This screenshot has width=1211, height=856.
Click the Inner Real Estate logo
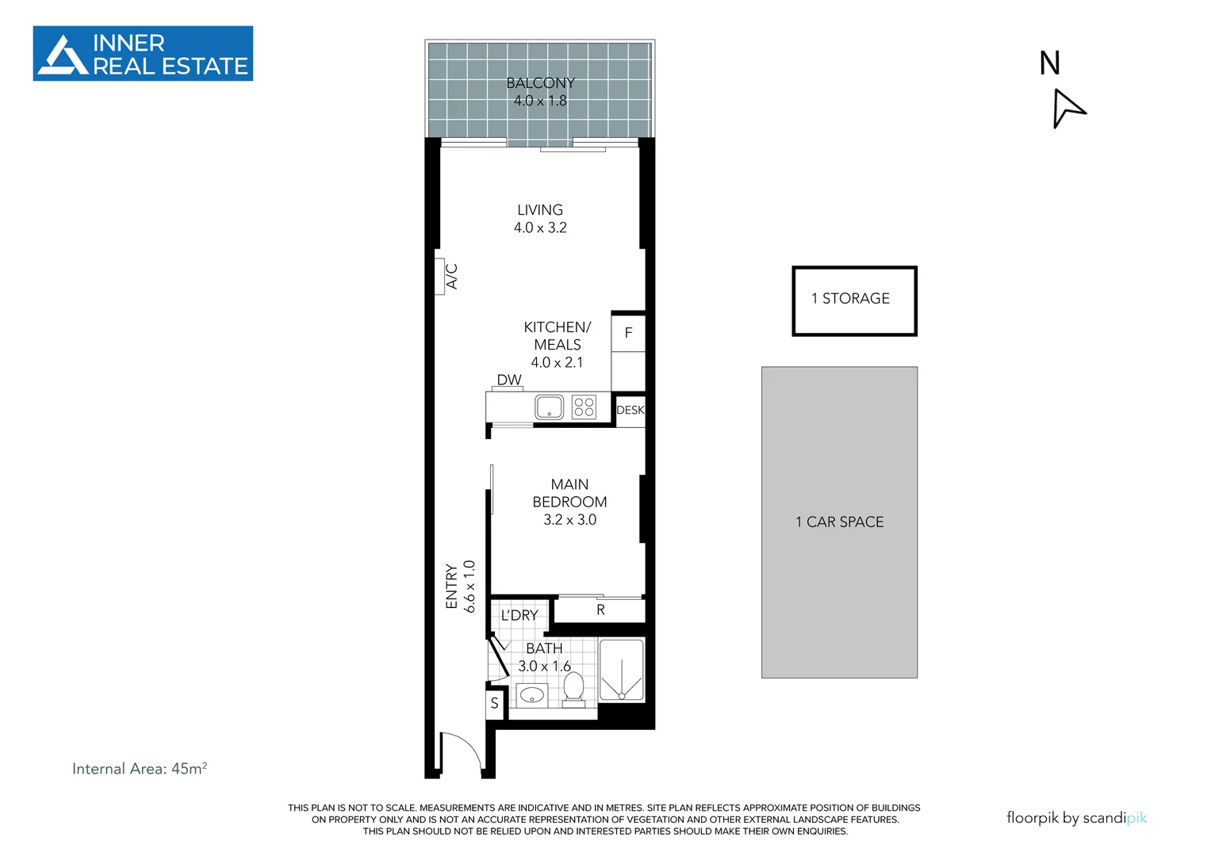tap(143, 54)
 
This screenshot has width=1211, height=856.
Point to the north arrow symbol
tap(1067, 108)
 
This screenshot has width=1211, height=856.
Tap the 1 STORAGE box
tap(854, 300)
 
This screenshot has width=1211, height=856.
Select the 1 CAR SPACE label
tap(839, 522)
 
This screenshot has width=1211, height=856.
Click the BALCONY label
tap(540, 83)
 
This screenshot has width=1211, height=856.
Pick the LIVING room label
tap(540, 210)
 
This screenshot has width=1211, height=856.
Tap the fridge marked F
tap(628, 333)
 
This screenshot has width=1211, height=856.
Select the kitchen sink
tap(549, 407)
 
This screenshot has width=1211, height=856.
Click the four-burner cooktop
tap(584, 407)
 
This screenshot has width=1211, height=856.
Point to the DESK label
tap(630, 411)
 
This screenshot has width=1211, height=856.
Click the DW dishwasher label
tap(509, 380)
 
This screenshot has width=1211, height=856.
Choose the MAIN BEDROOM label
tap(569, 493)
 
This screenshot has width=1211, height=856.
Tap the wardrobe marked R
tap(600, 610)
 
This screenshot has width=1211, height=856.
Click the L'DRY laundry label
tap(519, 615)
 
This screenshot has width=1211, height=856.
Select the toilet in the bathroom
tap(573, 688)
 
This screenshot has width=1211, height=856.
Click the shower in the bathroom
tap(621, 671)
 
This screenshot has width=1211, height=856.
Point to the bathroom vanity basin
tap(531, 696)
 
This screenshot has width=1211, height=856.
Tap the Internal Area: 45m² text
tap(140, 768)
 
